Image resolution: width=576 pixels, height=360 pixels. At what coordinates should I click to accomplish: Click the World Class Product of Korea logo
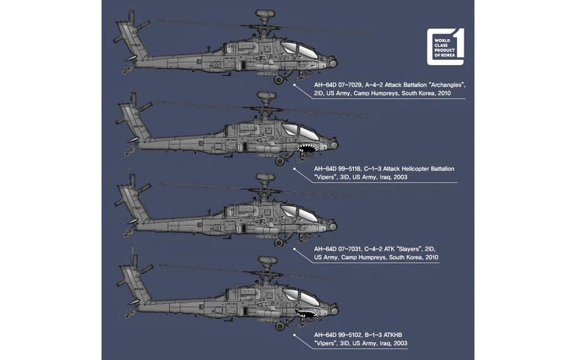click(446, 44)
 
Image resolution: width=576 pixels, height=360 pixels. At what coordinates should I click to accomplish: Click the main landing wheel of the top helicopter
click(279, 80)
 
